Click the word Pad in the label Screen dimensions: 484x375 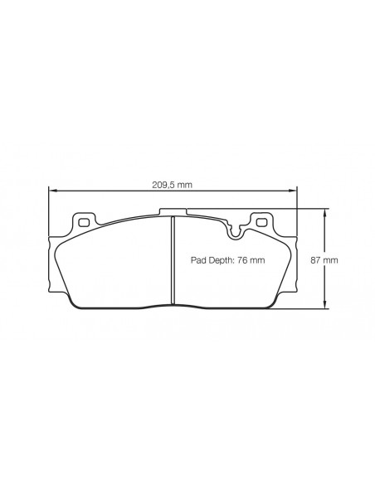click(197, 259)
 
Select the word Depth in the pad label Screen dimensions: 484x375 click(220, 259)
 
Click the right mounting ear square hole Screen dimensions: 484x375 click(262, 222)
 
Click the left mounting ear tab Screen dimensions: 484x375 click(83, 221)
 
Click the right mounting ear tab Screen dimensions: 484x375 click(262, 221)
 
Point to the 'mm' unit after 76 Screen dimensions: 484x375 click(257, 259)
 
